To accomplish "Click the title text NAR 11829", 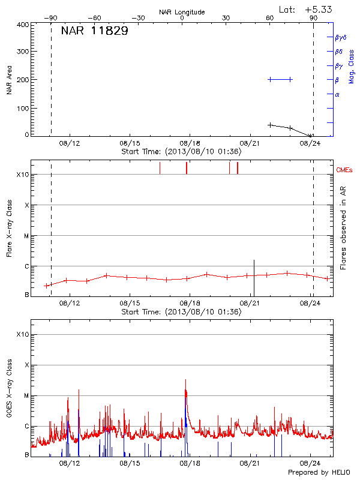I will pos(94,31).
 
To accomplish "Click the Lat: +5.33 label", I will pos(306,9).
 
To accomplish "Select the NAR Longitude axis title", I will pos(182,12).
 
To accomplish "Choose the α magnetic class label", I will pos(337,94).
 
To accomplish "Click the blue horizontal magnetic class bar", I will pos(280,79).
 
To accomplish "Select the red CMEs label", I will pos(345,170).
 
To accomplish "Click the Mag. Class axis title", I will pos(352,67).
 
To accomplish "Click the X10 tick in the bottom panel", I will pos(22,334).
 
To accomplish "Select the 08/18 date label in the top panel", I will pos(190,143).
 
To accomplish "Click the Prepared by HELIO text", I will pos(318,473).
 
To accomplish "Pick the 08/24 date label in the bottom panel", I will pos(311,463).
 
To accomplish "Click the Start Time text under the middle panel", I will pos(181,312).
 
